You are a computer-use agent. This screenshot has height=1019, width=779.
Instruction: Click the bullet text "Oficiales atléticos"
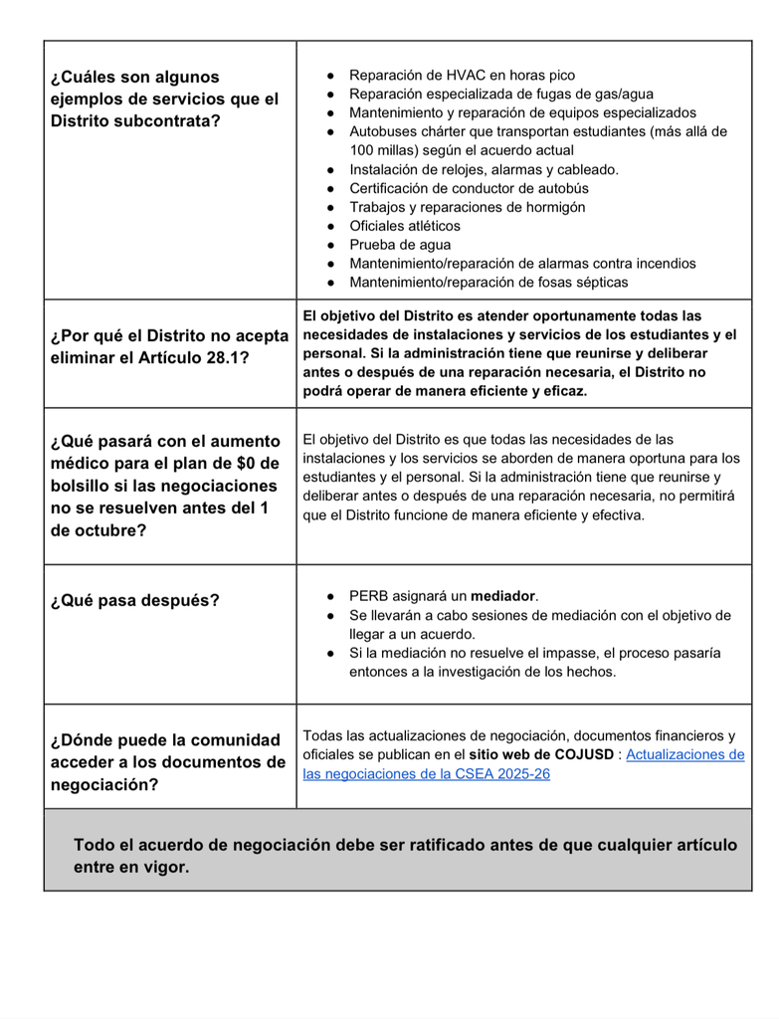(404, 226)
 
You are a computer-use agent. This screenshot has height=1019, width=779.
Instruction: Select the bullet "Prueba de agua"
(399, 245)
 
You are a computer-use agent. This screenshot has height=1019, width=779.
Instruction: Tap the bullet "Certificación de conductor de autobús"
(469, 188)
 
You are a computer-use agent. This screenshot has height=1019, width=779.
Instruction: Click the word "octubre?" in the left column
(97, 530)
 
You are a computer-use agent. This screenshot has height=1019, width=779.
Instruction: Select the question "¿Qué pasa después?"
(135, 600)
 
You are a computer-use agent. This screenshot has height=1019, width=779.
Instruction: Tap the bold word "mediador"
(503, 596)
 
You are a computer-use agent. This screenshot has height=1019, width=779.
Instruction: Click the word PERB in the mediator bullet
(369, 596)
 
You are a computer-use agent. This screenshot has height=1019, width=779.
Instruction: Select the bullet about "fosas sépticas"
(487, 283)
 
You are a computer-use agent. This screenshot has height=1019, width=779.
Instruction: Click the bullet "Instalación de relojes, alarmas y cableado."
(483, 169)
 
